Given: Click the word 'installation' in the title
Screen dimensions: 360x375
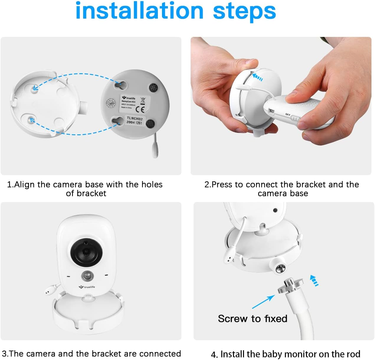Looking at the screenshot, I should pyautogui.click(x=139, y=11).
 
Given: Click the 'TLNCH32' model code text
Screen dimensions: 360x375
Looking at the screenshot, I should pyautogui.click(x=135, y=118).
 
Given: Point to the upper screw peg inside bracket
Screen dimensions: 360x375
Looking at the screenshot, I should pyautogui.click(x=34, y=88).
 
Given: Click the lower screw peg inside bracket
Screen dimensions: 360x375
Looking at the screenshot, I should pyautogui.click(x=31, y=120).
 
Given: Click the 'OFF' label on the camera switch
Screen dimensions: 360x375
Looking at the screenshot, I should pyautogui.click(x=288, y=114).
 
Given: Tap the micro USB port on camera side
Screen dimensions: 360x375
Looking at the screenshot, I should pyautogui.click(x=272, y=111).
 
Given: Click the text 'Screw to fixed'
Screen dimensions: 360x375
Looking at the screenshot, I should pyautogui.click(x=252, y=319).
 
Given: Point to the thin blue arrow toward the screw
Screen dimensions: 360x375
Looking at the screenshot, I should pyautogui.click(x=263, y=302).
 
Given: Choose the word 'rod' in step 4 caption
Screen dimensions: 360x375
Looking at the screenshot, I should pyautogui.click(x=353, y=354).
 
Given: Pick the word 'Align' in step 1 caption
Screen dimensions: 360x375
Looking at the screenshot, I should pyautogui.click(x=24, y=185).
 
